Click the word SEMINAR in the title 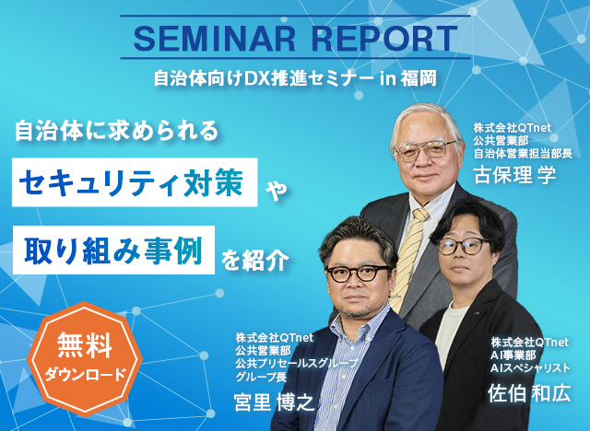point(215,38)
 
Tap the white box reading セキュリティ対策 point(135,182)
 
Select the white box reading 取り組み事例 point(113,250)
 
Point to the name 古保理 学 point(514,175)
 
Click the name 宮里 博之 point(274,402)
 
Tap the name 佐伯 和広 point(529,393)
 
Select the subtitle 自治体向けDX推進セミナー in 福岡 point(295,78)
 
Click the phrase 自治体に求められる point(117,131)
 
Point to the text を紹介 point(254,260)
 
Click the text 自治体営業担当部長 point(523,153)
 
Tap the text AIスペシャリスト point(530,367)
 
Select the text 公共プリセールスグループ point(297,363)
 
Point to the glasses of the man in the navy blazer point(358,273)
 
